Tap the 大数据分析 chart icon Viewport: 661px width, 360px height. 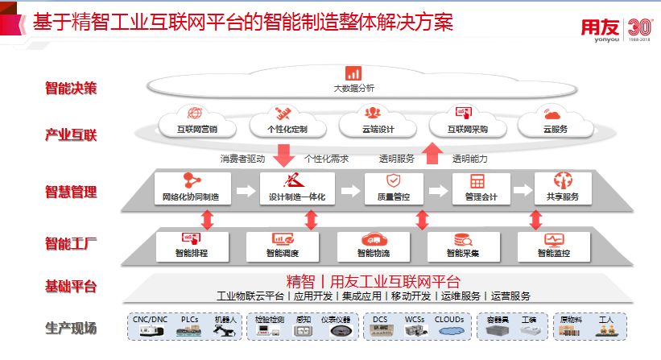coord(353,73)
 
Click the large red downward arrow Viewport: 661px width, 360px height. coord(283,154)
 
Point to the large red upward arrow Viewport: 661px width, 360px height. coord(433,151)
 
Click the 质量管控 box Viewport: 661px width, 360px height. coord(394,188)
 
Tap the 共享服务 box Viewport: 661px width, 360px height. coord(563,188)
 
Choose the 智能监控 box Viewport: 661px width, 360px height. coord(554,246)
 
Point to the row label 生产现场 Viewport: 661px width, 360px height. coord(71,328)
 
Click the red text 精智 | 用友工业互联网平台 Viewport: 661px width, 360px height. coord(373,281)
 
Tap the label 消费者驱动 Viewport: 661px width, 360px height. coord(242,159)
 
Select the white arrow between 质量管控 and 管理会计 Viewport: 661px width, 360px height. coord(437,191)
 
